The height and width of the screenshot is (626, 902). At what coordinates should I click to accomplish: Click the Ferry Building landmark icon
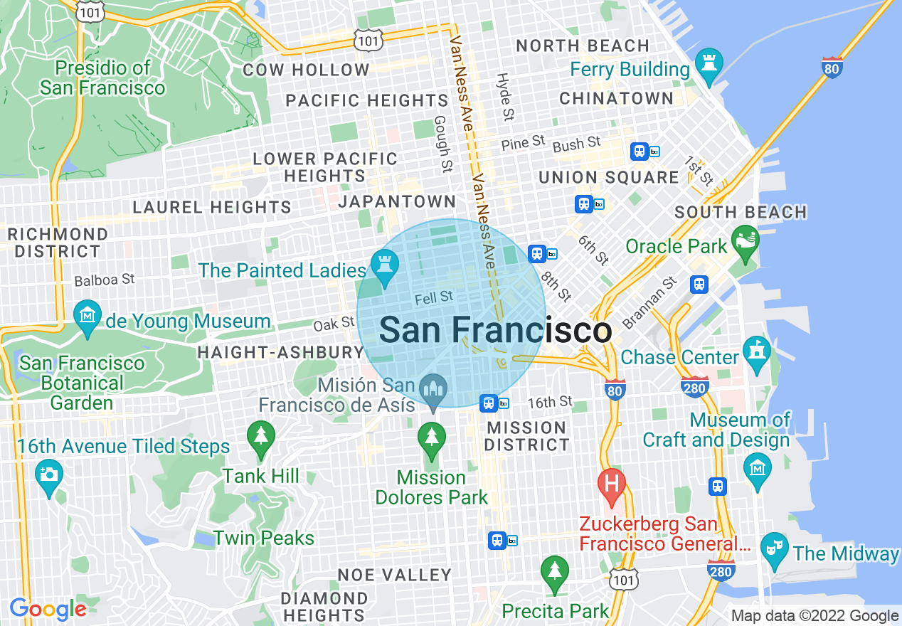coord(709,63)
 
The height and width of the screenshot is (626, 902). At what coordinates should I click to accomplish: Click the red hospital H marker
coord(610,484)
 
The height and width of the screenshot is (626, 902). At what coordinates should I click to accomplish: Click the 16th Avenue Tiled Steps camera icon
coord(48,474)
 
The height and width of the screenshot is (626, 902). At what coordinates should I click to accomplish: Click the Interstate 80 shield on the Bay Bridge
coord(832,68)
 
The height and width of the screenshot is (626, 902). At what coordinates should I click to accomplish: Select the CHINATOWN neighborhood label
coord(616,98)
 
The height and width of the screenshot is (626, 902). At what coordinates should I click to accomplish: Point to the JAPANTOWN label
coord(397,201)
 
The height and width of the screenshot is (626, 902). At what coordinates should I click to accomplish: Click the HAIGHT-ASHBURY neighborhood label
coord(280,352)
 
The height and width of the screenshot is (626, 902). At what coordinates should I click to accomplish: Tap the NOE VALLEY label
coord(394,574)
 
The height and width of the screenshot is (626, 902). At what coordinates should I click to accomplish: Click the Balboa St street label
coord(105,280)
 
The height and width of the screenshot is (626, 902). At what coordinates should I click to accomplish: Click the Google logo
coord(48,609)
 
